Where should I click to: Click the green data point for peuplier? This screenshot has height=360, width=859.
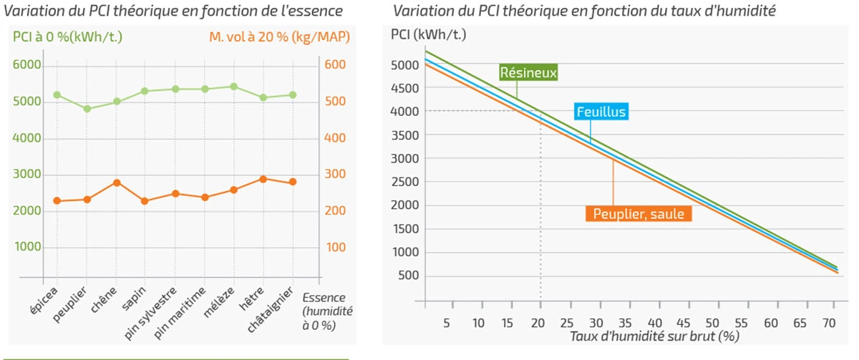pos(87,110)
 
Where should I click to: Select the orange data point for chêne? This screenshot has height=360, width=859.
pos(117,183)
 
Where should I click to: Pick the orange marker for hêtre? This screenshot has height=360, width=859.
pos(263,179)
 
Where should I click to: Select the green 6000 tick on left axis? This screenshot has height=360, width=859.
pos(26,65)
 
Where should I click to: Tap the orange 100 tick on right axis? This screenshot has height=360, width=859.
pos(336,248)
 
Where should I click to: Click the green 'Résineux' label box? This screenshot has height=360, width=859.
pos(529,72)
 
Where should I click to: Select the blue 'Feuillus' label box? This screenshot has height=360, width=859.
pos(601,112)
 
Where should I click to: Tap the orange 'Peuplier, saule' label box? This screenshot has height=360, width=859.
pos(639,213)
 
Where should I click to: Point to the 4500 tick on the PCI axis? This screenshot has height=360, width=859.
pos(405,88)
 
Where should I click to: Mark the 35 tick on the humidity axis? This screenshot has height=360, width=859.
pos(625,322)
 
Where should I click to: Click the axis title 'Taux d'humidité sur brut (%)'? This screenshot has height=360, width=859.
pos(655,336)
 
